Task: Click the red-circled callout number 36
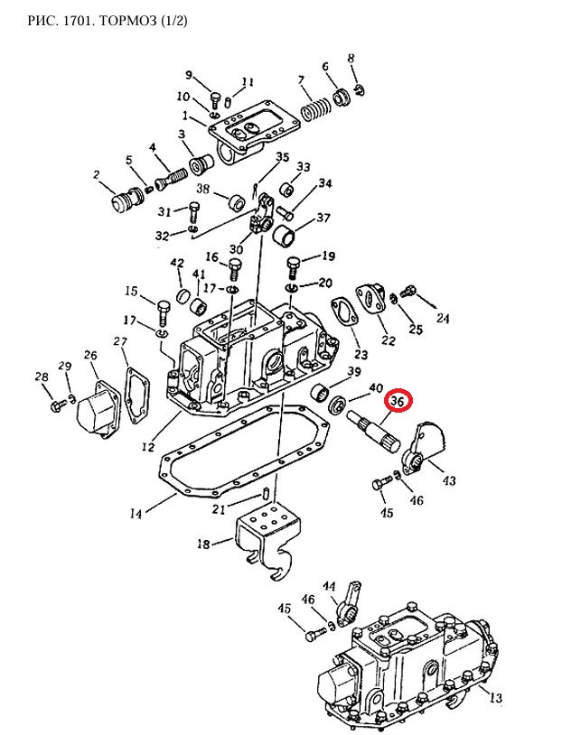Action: point(398,402)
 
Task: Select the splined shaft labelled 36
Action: point(373,427)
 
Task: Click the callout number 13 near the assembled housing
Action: point(495,697)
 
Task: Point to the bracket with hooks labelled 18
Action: point(268,540)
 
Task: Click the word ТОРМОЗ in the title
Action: point(128,21)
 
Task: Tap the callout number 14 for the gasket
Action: point(136,514)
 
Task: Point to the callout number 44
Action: point(329,586)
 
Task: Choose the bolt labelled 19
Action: point(293,267)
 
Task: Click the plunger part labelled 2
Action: point(126,199)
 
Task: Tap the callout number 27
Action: point(120,341)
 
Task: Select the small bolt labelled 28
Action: point(58,404)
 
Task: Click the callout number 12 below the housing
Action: point(148,447)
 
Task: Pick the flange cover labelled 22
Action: point(371,302)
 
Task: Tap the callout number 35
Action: point(283,156)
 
